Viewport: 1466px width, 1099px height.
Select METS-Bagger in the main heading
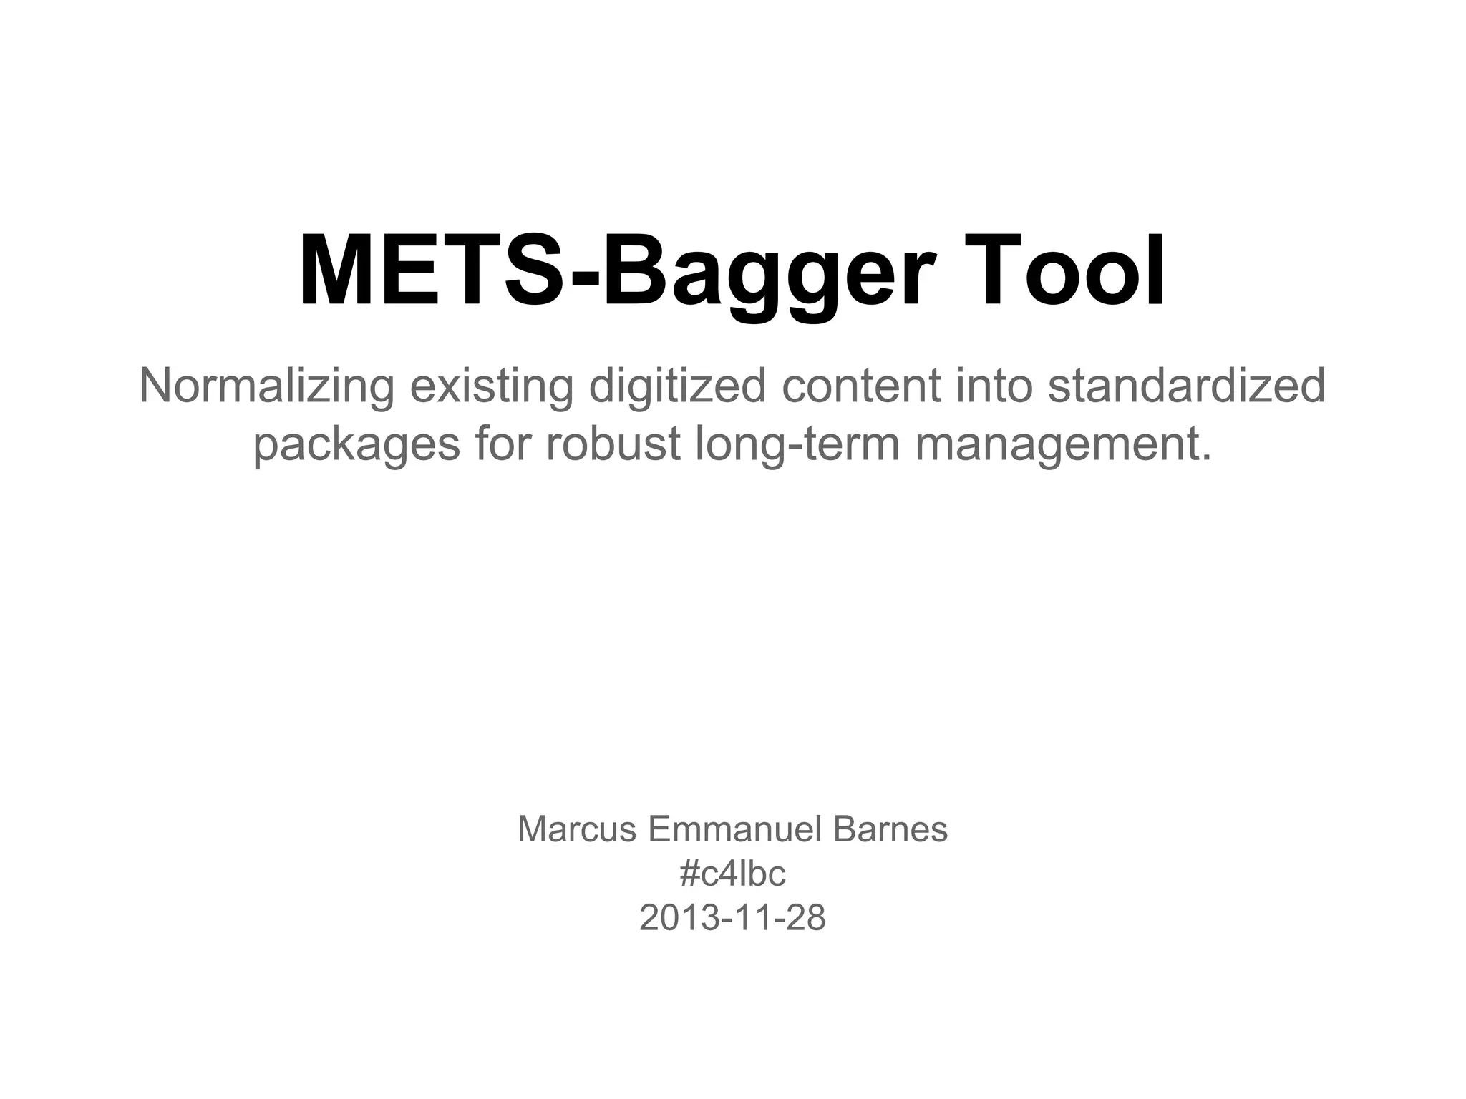pyautogui.click(x=616, y=272)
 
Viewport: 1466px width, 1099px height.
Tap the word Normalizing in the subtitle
pyautogui.click(x=266, y=386)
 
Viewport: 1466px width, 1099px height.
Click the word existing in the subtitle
pyautogui.click(x=491, y=386)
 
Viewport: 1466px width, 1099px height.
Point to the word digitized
pyautogui.click(x=676, y=386)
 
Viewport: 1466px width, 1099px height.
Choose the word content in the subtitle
pyautogui.click(x=860, y=386)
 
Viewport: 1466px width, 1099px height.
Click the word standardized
pyautogui.click(x=1186, y=386)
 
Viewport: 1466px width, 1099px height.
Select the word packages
pyautogui.click(x=356, y=444)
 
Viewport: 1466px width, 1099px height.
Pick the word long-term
pyautogui.click(x=797, y=444)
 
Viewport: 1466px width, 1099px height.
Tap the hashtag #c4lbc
pyautogui.click(x=732, y=874)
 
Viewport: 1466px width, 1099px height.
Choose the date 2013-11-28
pyautogui.click(x=732, y=918)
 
